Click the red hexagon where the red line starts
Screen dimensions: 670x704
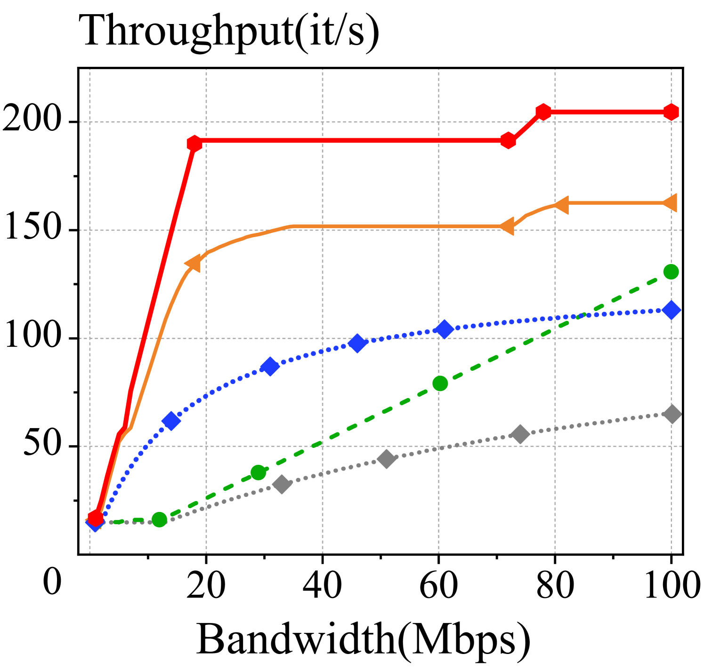[96, 518]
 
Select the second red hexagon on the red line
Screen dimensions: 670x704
[194, 143]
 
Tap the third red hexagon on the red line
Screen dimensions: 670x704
[508, 140]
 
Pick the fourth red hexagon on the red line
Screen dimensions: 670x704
[543, 112]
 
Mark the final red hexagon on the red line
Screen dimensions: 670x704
[671, 112]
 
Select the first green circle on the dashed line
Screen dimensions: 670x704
[160, 519]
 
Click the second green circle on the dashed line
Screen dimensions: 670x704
[259, 472]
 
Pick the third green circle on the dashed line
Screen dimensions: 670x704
[440, 383]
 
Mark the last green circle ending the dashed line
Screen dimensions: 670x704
[671, 271]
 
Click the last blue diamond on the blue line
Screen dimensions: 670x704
[671, 310]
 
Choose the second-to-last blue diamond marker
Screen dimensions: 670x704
[444, 329]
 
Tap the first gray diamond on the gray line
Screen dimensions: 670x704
[282, 484]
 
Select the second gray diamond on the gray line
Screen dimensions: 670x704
[386, 458]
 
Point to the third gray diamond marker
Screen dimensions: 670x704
[520, 434]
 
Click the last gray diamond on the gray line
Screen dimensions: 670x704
[672, 414]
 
